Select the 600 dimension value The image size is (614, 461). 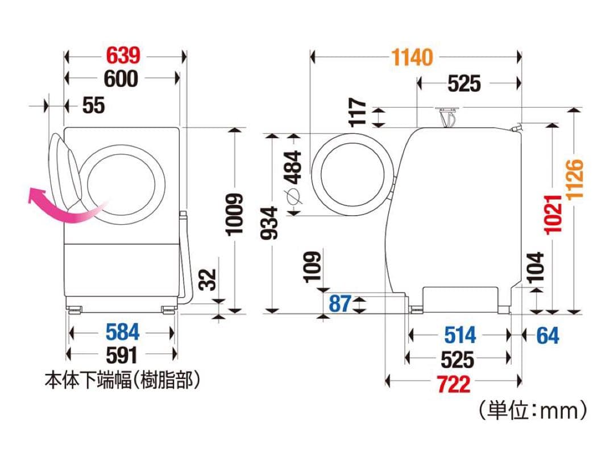(x=121, y=79)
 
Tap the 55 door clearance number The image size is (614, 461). (x=93, y=105)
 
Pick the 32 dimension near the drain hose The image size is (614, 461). (x=209, y=279)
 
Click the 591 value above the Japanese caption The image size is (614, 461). (x=122, y=355)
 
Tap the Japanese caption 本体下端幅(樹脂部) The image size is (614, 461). (x=123, y=380)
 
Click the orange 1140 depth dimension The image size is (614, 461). (x=412, y=57)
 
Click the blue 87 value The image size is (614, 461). (x=340, y=303)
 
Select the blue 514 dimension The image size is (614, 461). (x=459, y=335)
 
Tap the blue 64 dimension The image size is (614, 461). (x=547, y=335)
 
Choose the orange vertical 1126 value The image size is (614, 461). (x=575, y=179)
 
